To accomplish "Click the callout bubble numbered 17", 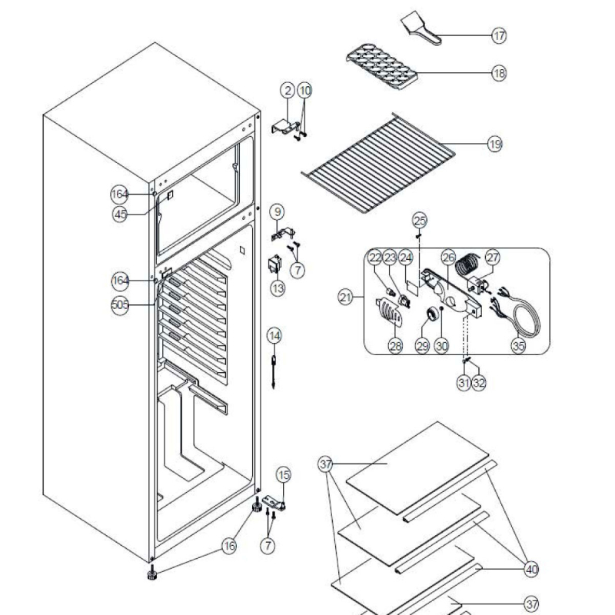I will (500, 35).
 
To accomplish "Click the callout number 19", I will (494, 144).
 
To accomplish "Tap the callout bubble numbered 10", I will (305, 90).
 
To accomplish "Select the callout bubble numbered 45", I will (120, 215).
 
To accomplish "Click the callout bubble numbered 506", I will (120, 305).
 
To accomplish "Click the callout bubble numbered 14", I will (274, 335).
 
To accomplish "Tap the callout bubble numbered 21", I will (346, 295).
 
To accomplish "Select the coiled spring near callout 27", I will (466, 270).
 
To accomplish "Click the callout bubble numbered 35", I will (518, 346).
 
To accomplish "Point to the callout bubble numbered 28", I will (395, 347).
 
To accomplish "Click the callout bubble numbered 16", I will (228, 546).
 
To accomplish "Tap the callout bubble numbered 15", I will (284, 474).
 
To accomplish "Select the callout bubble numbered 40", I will (530, 569).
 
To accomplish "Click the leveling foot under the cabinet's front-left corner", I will (152, 573).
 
